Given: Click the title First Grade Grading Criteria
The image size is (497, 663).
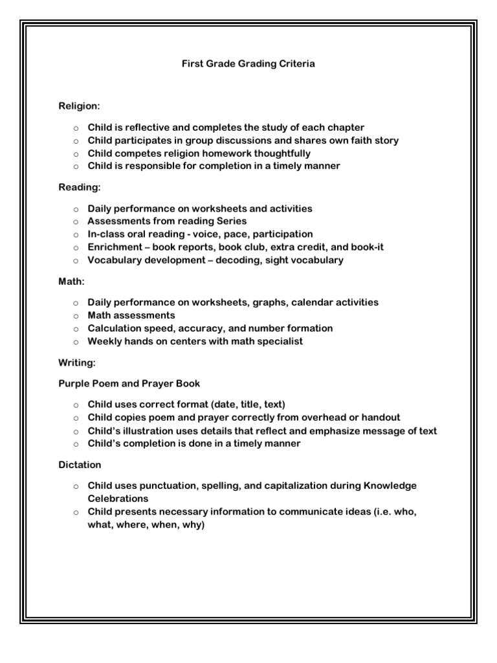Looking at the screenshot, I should point(248,65).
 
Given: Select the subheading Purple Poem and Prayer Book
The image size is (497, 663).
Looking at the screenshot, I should point(129,384).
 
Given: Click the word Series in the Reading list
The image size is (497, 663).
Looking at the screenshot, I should point(229,221).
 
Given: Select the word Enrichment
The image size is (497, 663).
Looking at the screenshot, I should point(115,247).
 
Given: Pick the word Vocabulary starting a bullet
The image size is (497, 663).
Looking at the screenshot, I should point(115,260).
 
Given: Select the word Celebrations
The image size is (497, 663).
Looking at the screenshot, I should point(118,499).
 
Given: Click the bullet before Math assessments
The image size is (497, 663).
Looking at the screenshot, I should point(75,315).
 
